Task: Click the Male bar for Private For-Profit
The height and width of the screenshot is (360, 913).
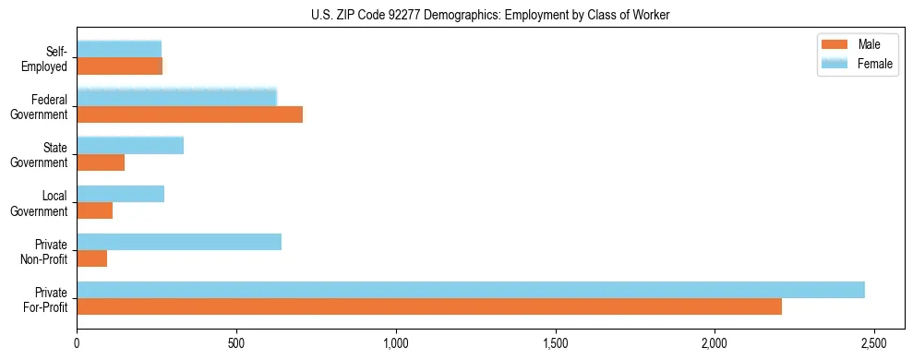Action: pos(429,306)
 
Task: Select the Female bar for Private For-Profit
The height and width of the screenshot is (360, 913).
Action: pos(471,290)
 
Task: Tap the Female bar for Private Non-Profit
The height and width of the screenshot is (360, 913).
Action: pos(179,242)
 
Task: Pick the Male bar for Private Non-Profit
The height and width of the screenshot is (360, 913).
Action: pos(92,258)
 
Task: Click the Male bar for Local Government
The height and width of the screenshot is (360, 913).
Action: pos(95,210)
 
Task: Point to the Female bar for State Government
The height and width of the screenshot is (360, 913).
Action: pos(130,145)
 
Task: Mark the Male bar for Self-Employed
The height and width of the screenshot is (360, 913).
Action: pos(120,66)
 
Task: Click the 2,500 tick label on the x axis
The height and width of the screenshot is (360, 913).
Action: pos(873,342)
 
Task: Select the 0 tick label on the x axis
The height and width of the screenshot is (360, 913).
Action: pos(78,342)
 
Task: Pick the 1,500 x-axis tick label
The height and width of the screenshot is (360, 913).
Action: pos(555,342)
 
